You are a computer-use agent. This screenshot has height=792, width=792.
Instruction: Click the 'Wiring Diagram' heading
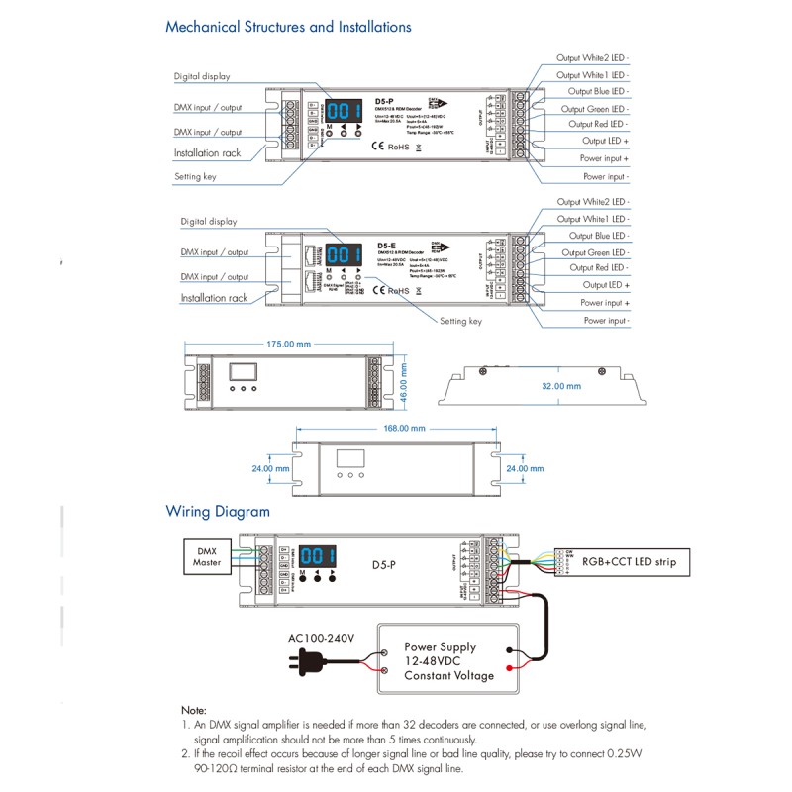click(217, 512)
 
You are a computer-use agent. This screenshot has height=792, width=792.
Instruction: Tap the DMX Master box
click(207, 555)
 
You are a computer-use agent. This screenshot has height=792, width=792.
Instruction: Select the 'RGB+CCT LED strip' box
click(629, 562)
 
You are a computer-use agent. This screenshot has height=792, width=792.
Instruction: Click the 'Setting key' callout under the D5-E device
click(460, 321)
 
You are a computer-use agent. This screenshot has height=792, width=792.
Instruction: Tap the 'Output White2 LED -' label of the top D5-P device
click(592, 58)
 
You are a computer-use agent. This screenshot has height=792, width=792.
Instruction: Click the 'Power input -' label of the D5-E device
click(606, 321)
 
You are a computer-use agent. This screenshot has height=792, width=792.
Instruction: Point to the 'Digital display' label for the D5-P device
click(202, 76)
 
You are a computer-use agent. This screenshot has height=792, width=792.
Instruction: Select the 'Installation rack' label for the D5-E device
click(214, 298)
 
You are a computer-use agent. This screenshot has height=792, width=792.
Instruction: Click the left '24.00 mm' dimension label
click(269, 469)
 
